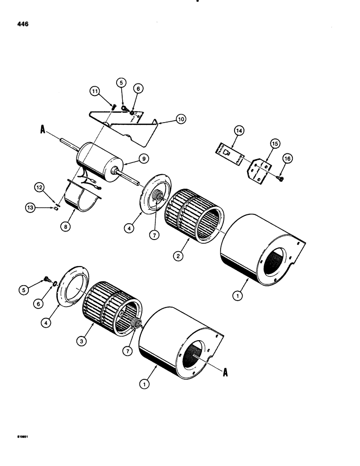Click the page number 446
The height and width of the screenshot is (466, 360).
[x=22, y=24]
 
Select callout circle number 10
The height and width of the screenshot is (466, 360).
[x=180, y=119]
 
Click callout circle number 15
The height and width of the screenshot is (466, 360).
[x=274, y=144]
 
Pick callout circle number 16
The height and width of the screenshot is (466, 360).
[x=288, y=160]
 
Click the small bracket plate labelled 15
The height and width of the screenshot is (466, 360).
[x=257, y=170]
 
